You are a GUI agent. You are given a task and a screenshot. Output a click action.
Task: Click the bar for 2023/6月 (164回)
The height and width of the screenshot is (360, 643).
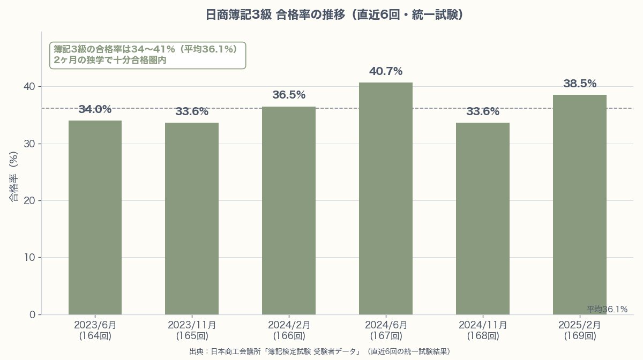[x=95, y=217]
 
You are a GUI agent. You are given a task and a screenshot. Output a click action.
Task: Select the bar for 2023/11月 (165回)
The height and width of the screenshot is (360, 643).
[x=192, y=219]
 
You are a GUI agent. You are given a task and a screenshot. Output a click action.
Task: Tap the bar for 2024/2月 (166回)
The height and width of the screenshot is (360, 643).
[x=289, y=211]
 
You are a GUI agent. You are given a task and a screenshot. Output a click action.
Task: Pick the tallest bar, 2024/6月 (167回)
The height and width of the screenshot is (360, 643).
[x=386, y=198]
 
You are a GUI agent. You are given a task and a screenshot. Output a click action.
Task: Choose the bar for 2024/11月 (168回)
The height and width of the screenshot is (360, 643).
[x=483, y=219]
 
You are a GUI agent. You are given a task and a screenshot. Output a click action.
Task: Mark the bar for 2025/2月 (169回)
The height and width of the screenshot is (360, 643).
[x=580, y=205]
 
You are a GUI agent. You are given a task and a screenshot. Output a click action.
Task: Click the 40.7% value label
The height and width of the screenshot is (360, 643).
[x=386, y=71]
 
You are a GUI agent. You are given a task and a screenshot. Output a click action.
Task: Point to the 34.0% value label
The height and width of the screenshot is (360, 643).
[x=95, y=110]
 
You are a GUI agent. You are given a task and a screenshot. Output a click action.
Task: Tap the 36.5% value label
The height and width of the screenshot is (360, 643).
[x=289, y=95]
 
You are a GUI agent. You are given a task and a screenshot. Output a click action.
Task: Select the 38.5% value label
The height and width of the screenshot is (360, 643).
[x=580, y=84]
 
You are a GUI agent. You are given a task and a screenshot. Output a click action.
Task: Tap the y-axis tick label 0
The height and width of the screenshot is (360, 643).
[x=32, y=315]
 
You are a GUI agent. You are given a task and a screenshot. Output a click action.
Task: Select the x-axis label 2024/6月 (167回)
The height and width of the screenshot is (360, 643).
[x=386, y=331]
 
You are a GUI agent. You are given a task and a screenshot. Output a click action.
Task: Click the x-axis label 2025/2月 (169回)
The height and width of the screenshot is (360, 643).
[x=580, y=331]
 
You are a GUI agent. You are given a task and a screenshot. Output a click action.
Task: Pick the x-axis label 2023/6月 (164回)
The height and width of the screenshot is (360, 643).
[x=95, y=331]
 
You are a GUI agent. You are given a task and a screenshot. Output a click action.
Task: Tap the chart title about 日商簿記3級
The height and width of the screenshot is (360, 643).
[x=334, y=14]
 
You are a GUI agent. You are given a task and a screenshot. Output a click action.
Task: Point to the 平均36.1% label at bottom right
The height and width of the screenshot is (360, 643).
[x=607, y=310]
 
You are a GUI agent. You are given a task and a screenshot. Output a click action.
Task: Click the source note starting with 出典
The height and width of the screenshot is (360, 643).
[x=319, y=351]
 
